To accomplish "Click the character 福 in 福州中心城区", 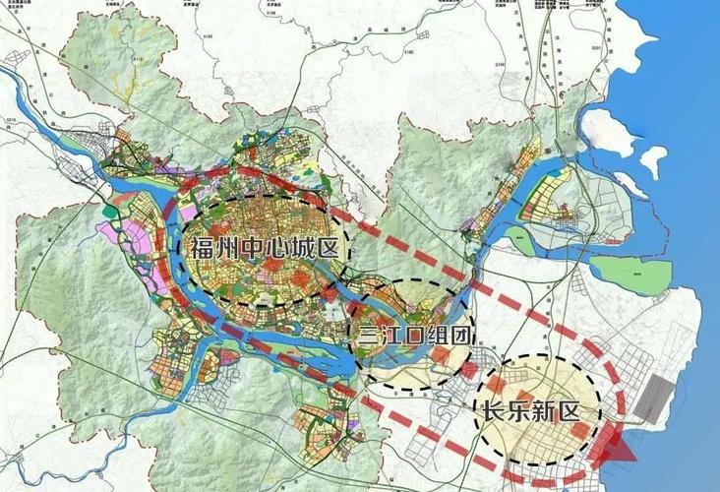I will click(202, 247).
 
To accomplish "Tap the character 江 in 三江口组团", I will click(389, 336).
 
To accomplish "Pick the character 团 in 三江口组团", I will click(458, 336).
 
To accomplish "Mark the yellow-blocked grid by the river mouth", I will click(547, 202).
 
